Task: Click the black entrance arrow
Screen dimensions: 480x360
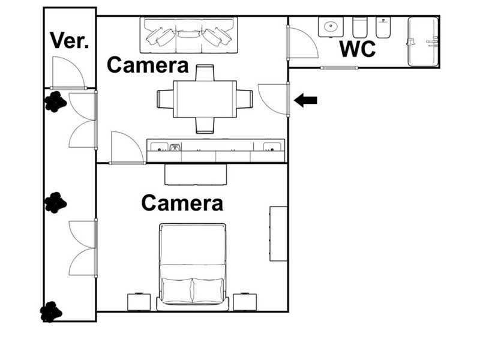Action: pyautogui.click(x=305, y=100)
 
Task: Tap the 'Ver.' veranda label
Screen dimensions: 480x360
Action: pyautogui.click(x=70, y=40)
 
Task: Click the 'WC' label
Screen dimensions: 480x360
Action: pyautogui.click(x=357, y=49)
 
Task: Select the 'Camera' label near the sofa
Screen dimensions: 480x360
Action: pyautogui.click(x=148, y=65)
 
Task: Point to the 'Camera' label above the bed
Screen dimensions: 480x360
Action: pyautogui.click(x=182, y=203)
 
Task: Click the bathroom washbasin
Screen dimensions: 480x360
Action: pyautogui.click(x=331, y=27)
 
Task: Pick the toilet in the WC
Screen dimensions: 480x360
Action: pyautogui.click(x=359, y=27)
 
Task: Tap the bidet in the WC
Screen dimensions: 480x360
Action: pyautogui.click(x=383, y=27)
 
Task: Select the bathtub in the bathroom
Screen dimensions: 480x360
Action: pyautogui.click(x=423, y=41)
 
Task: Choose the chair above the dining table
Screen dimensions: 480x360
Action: pyautogui.click(x=205, y=73)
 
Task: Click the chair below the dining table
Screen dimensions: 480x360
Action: pyautogui.click(x=205, y=125)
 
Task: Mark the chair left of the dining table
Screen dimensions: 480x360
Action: pyautogui.click(x=166, y=99)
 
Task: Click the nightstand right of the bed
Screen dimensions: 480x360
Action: pyautogui.click(x=245, y=302)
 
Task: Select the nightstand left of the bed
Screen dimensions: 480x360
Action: pyautogui.click(x=139, y=302)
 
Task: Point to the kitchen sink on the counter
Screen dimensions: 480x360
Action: pyautogui.click(x=175, y=147)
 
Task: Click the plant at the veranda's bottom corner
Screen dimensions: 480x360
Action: pyautogui.click(x=51, y=311)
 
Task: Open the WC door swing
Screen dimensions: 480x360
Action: pyautogui.click(x=302, y=43)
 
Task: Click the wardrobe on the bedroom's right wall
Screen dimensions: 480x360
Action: pyautogui.click(x=278, y=233)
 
